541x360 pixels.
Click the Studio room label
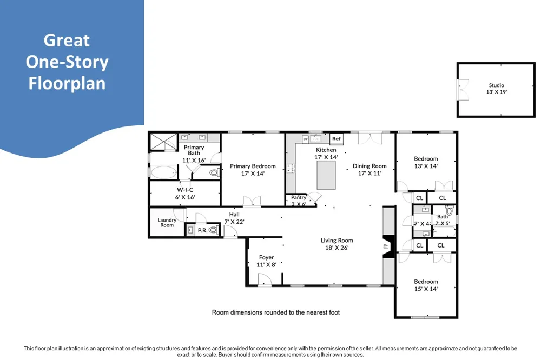pos(496,85)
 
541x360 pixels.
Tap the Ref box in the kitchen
pos(337,138)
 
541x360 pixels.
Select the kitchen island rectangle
pos(326,175)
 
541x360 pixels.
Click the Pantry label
pos(299,197)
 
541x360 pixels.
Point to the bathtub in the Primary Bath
pos(164,172)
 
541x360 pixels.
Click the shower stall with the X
pos(164,142)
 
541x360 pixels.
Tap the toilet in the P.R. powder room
pos(214,230)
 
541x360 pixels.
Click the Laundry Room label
pos(167,222)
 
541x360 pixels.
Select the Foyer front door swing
pos(265,279)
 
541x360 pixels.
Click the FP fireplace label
pos(386,246)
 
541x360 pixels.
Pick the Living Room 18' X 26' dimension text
pos(337,248)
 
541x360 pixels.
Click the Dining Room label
pos(370,166)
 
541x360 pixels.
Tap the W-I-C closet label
pos(185,190)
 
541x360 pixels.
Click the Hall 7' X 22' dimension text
pos(234,222)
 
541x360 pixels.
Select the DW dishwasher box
pos(305,139)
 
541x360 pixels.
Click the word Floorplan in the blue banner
pos(67,83)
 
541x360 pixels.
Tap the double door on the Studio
pos(463,90)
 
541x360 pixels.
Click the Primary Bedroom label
pos(253,166)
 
